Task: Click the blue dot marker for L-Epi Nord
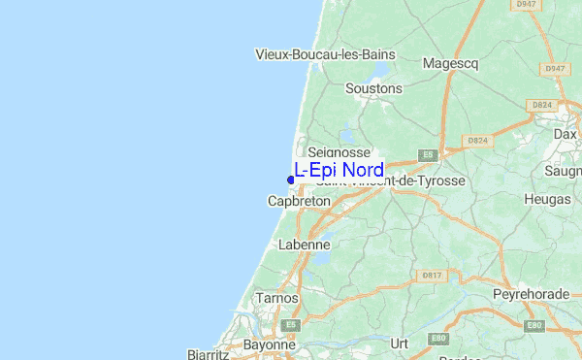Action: pos(291,179)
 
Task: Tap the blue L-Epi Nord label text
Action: pos(339,171)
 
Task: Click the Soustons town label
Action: pos(373,88)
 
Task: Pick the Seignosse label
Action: pos(339,152)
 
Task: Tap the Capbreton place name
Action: pos(299,201)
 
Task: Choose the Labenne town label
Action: pos(305,245)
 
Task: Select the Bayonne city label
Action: pos(270,344)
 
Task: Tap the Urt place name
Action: pos(399,344)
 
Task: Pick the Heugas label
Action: pos(545,199)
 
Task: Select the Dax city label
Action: pos(565,134)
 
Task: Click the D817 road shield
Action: pos(433,276)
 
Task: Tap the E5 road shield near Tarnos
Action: pos(289,324)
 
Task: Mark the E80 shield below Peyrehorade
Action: pos(533,325)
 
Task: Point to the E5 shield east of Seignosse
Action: pos(426,154)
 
